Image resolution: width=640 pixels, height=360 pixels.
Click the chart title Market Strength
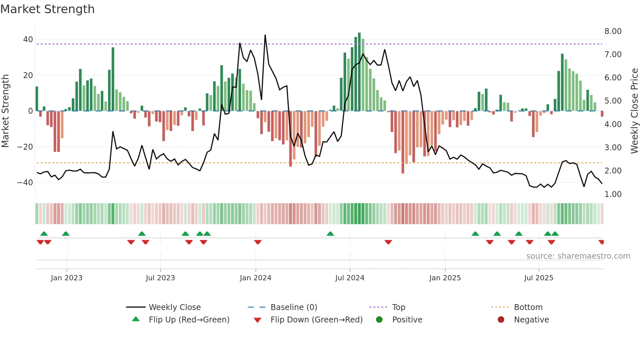point(47,9)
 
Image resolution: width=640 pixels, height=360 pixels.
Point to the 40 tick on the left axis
point(28,40)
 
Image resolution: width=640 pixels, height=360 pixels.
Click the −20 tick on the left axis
point(25,147)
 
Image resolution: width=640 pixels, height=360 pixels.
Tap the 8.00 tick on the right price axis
point(613,31)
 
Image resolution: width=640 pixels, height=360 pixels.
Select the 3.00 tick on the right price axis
point(613,148)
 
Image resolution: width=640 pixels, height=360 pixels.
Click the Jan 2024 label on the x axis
point(255,278)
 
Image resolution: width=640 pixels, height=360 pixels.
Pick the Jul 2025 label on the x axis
point(538,278)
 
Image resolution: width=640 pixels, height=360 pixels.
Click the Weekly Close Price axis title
point(634,111)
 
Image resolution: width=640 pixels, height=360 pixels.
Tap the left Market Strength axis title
point(5,111)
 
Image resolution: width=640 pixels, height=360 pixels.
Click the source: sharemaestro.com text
point(578,256)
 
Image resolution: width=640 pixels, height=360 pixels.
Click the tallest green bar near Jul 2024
point(359,72)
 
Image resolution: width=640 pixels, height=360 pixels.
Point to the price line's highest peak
point(265,35)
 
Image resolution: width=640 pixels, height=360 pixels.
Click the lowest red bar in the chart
point(403,142)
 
